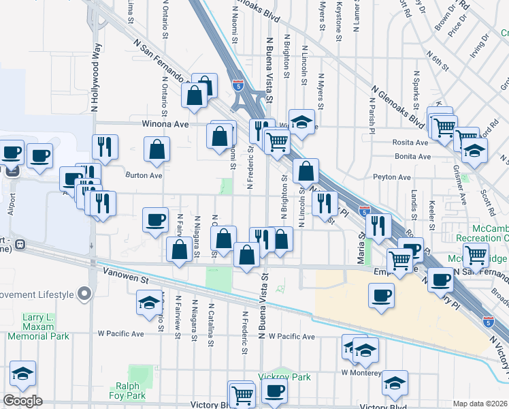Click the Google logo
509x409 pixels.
pos(23,401)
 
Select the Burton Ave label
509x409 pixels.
pos(144,175)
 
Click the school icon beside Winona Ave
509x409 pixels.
pos(301,123)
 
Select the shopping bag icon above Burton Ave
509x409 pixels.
pos(157,151)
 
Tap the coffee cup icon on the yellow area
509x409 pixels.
pos(382,295)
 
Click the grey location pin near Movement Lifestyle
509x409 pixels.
pos(84,294)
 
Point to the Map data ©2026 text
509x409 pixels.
pos(480,404)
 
